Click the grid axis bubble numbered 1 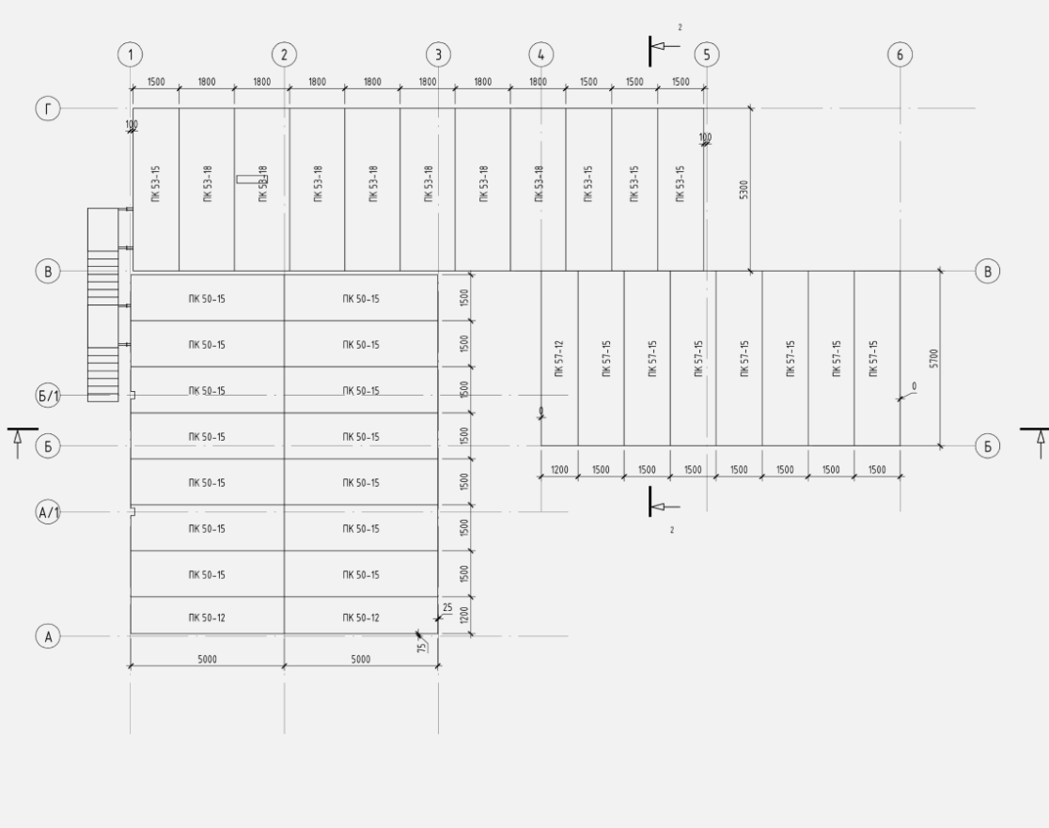pos(130,55)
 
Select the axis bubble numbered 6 pos(900,55)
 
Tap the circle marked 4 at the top pos(540,55)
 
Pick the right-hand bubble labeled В pos(987,271)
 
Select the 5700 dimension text pos(933,359)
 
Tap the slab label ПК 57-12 pos(559,359)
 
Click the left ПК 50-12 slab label pos(207,617)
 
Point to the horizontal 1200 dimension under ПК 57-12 pos(558,469)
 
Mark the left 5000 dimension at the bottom pos(207,660)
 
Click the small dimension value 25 pos(447,608)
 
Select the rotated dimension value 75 pos(423,648)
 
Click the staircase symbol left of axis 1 pos(102,305)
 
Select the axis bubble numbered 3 pos(437,55)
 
